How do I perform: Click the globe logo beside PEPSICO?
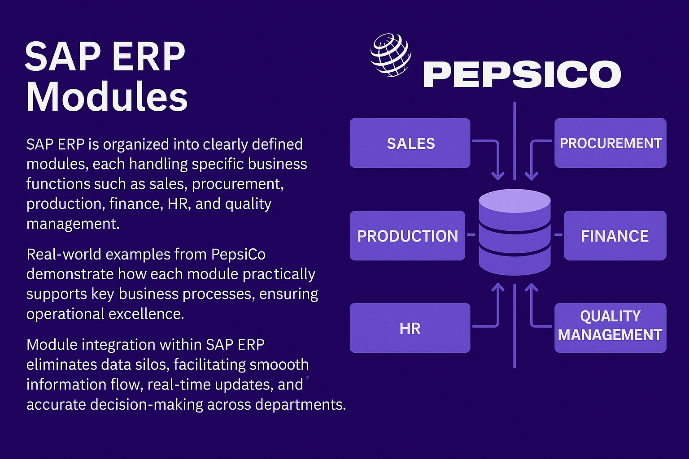[391, 55]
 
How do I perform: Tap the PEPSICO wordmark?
[522, 74]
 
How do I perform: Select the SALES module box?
[410, 143]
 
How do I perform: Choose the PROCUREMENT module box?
[610, 143]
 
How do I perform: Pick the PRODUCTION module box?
[408, 235]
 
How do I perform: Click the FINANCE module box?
[615, 235]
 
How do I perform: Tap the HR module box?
[410, 328]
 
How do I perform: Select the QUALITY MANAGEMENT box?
[610, 328]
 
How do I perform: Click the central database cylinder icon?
[515, 232]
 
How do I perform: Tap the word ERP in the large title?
[149, 57]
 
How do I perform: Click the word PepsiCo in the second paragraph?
[238, 255]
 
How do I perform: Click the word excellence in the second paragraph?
[146, 314]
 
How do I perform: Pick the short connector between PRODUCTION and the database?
[471, 234]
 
